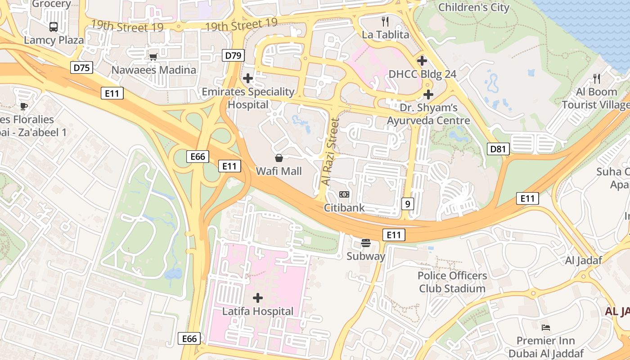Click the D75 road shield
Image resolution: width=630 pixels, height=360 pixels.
coord(82,68)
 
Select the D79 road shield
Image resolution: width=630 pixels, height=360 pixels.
coord(233,56)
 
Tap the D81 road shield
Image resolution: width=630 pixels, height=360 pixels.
coord(498,148)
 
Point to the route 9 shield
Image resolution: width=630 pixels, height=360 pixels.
coord(407,204)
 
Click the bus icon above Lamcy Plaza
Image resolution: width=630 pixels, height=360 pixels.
coord(54,27)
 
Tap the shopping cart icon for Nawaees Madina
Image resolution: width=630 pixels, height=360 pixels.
coord(153,57)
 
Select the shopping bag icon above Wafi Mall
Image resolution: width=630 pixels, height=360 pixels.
coord(279,158)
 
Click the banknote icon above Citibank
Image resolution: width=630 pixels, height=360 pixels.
coord(344,194)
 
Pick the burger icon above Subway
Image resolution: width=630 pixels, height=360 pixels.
coord(366,243)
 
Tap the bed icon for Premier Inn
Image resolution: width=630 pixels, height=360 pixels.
coord(546,327)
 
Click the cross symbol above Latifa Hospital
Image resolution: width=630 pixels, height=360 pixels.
coord(258,298)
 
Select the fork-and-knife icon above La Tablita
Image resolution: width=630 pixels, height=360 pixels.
coord(385,21)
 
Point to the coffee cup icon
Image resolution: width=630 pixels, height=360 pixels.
coord(24,106)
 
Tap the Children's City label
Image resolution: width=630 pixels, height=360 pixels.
coord(473,7)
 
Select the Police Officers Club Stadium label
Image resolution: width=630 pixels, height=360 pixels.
coord(452,282)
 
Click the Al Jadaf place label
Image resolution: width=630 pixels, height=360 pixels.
coord(583,260)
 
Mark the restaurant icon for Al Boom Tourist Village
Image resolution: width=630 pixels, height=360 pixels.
coord(597,79)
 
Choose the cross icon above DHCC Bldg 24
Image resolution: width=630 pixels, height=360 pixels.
coord(422,61)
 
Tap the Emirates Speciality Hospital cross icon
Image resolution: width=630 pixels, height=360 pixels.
coord(247,78)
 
